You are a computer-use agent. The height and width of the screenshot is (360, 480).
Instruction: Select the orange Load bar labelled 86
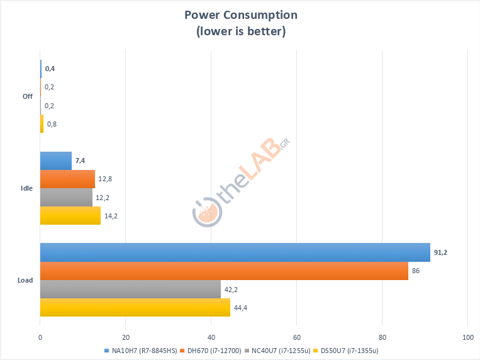tap(224, 271)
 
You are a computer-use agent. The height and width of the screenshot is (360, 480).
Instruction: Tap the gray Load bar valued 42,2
tap(130, 290)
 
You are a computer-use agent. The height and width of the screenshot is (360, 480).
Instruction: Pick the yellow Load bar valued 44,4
tap(135, 308)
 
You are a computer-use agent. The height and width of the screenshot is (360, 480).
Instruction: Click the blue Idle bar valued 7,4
tap(56, 161)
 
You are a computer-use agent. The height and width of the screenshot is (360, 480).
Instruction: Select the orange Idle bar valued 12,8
tap(67, 179)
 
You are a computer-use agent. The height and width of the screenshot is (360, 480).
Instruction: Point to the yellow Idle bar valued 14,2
tap(70, 216)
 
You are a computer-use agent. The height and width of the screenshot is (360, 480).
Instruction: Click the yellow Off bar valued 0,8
tap(42, 123)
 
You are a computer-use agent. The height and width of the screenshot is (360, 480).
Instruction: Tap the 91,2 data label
tap(440, 252)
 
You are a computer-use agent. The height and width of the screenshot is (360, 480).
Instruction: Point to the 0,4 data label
tap(50, 69)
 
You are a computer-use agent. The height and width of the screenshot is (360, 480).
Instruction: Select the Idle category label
tap(26, 189)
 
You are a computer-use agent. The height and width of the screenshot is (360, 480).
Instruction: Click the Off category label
tap(27, 96)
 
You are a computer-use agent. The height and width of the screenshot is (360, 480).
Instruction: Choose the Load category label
tap(26, 280)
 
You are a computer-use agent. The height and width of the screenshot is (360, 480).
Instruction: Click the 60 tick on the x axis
tap(297, 337)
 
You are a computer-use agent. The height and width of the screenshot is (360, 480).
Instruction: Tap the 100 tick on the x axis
tap(467, 337)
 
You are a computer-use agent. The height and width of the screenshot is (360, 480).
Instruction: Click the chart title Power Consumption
tap(240, 15)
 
